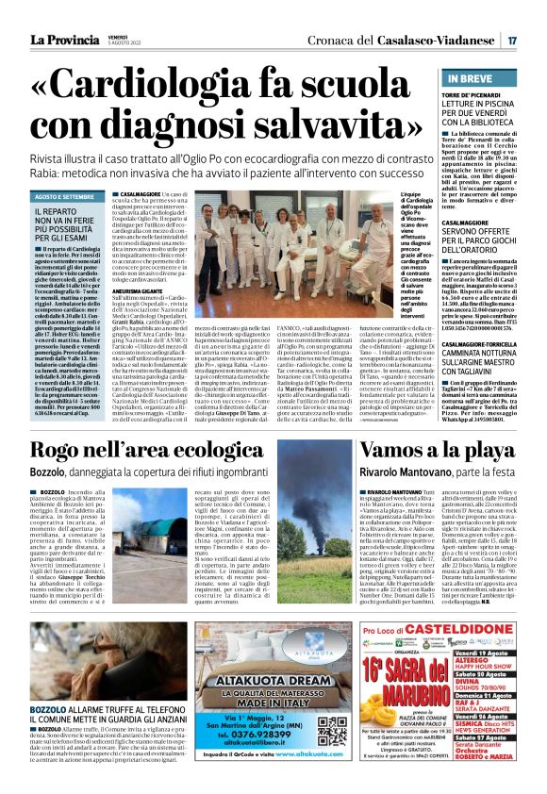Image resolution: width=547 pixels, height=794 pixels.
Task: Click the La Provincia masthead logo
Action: [63, 41]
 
